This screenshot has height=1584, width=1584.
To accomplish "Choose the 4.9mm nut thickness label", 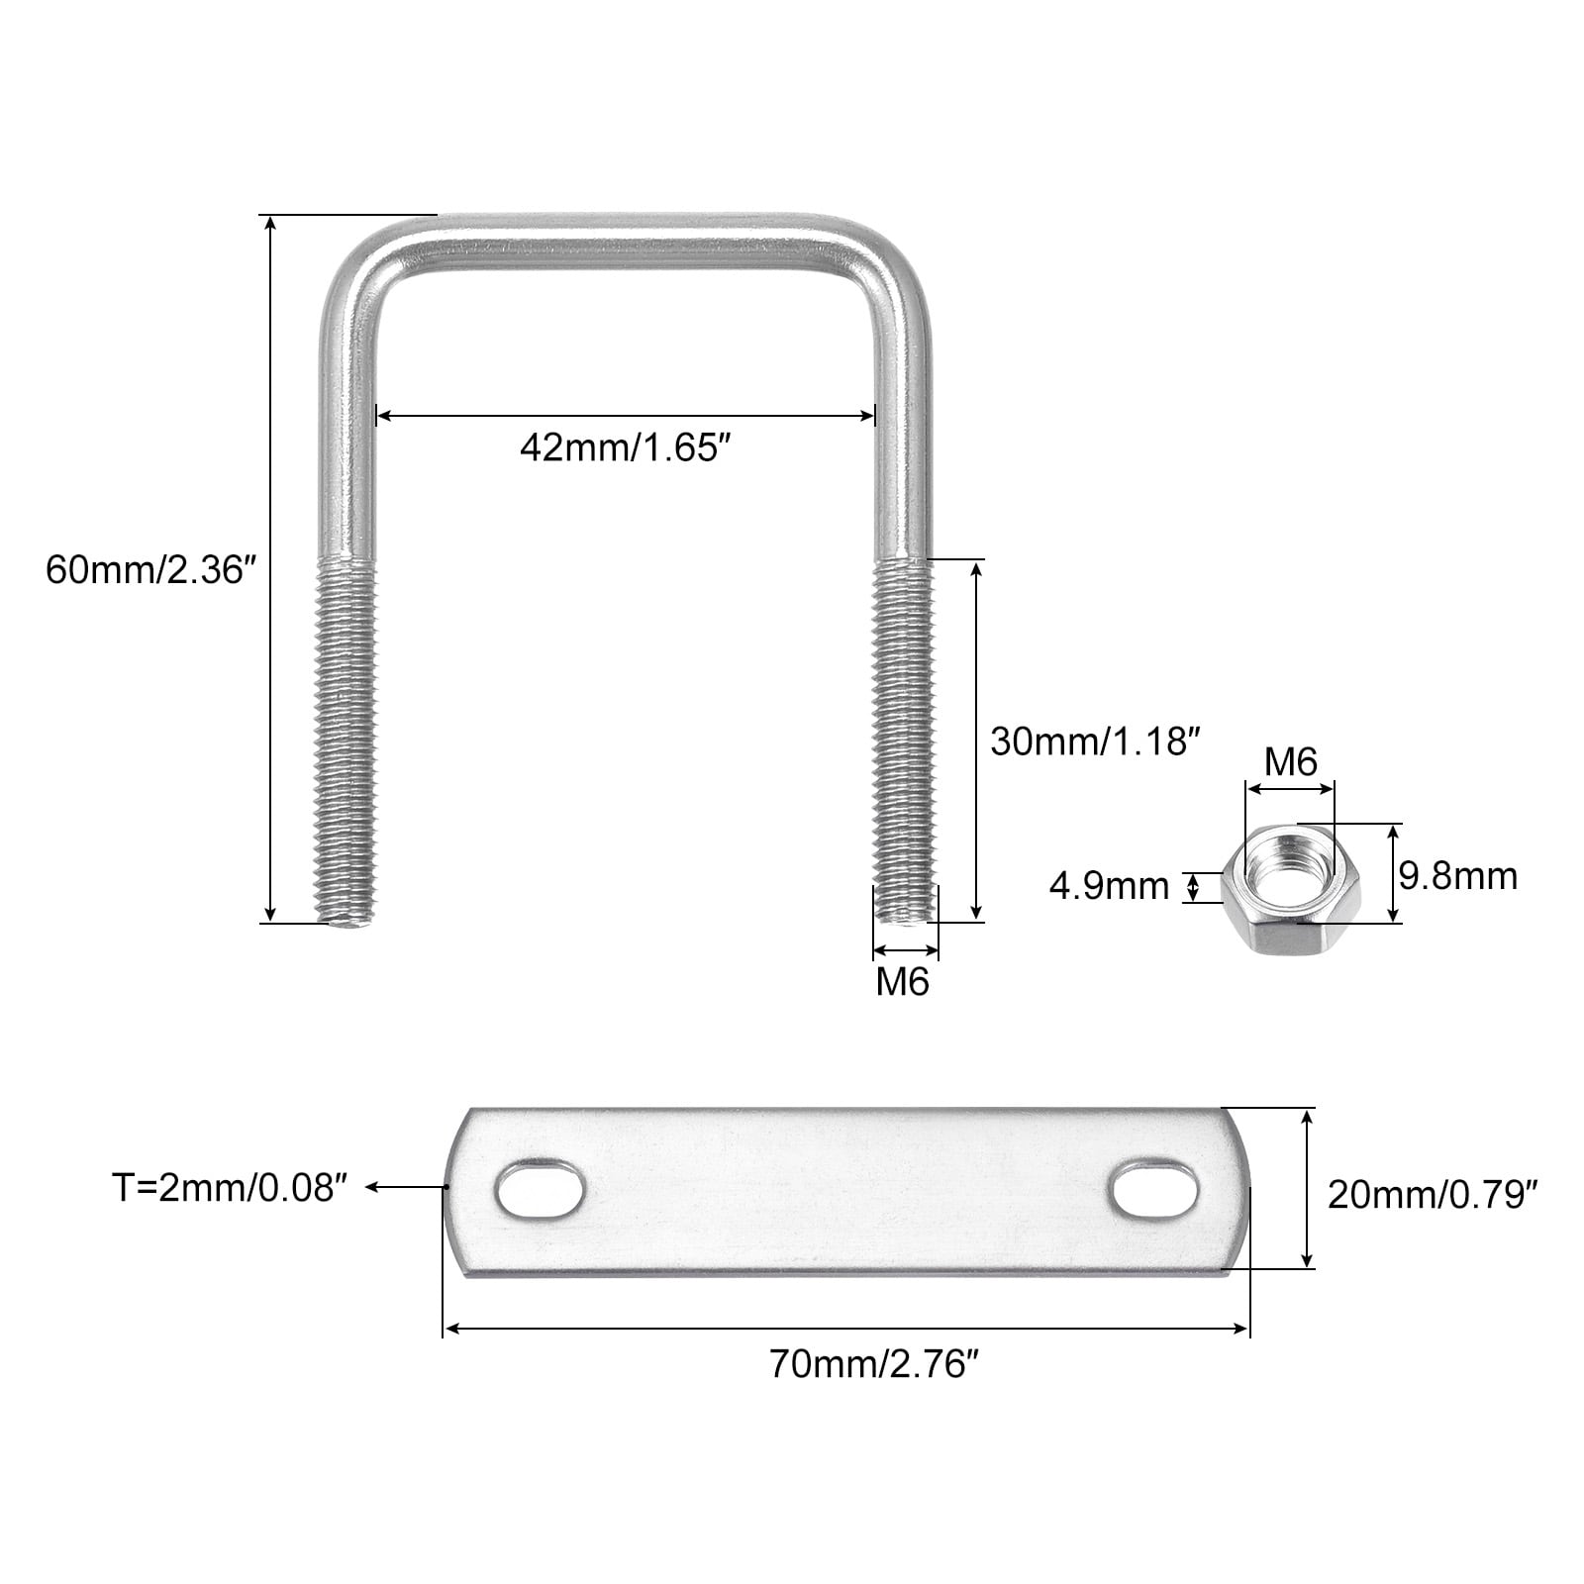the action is point(1109,886).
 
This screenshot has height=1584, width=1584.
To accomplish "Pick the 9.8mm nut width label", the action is point(1458,876).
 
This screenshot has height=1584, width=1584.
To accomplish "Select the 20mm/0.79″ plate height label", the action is point(1432,1196).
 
